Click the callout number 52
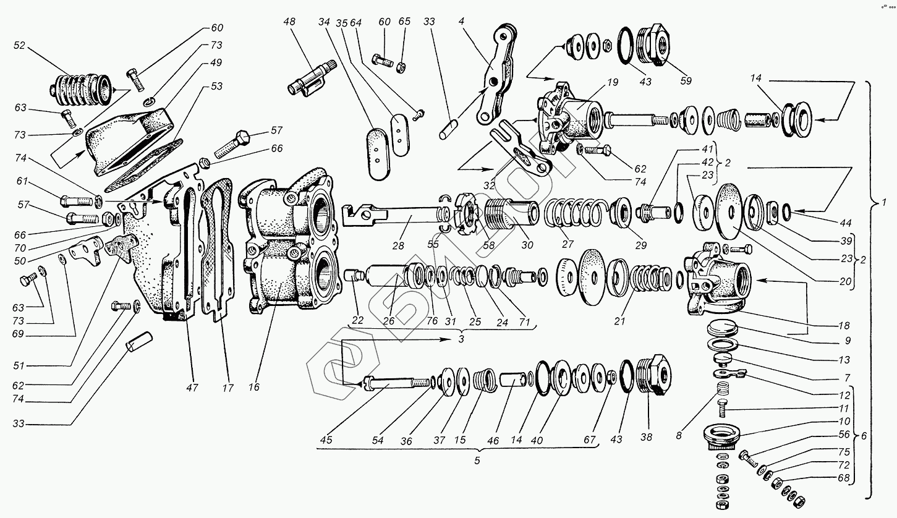19,45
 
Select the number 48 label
289,22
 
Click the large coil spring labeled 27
575,213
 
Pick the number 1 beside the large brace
885,202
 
